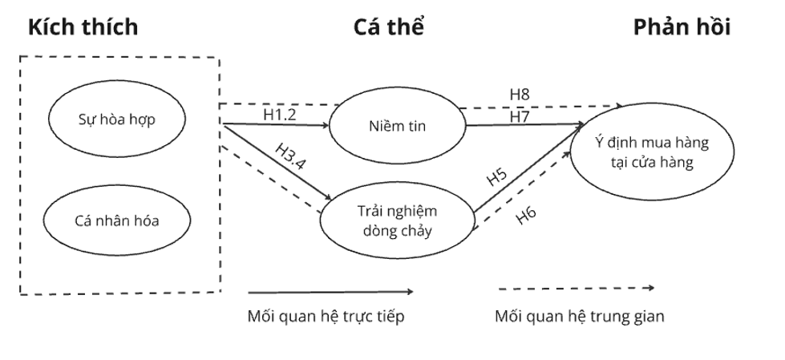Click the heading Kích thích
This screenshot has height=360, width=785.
83,26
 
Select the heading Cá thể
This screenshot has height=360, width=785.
388,26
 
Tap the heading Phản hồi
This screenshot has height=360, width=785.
682,26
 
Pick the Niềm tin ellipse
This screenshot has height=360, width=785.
399,126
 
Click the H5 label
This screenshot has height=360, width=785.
498,178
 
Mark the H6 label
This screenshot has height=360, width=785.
527,215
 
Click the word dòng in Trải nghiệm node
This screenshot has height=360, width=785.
377,232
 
